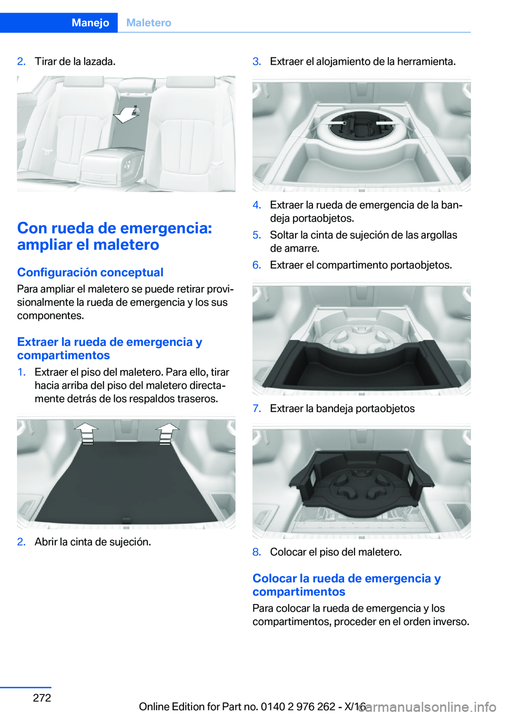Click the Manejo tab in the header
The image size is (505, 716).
point(90,23)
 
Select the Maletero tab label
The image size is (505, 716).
point(149,23)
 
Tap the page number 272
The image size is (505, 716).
point(42,697)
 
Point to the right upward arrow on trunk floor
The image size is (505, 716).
point(167,433)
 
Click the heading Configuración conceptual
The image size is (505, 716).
point(90,272)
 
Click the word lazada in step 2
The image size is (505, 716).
point(98,62)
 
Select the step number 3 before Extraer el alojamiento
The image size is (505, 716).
point(257,62)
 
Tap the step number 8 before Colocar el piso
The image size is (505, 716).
point(257,552)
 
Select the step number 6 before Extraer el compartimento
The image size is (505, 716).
point(257,265)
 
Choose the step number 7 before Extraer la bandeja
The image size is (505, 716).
point(257,408)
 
